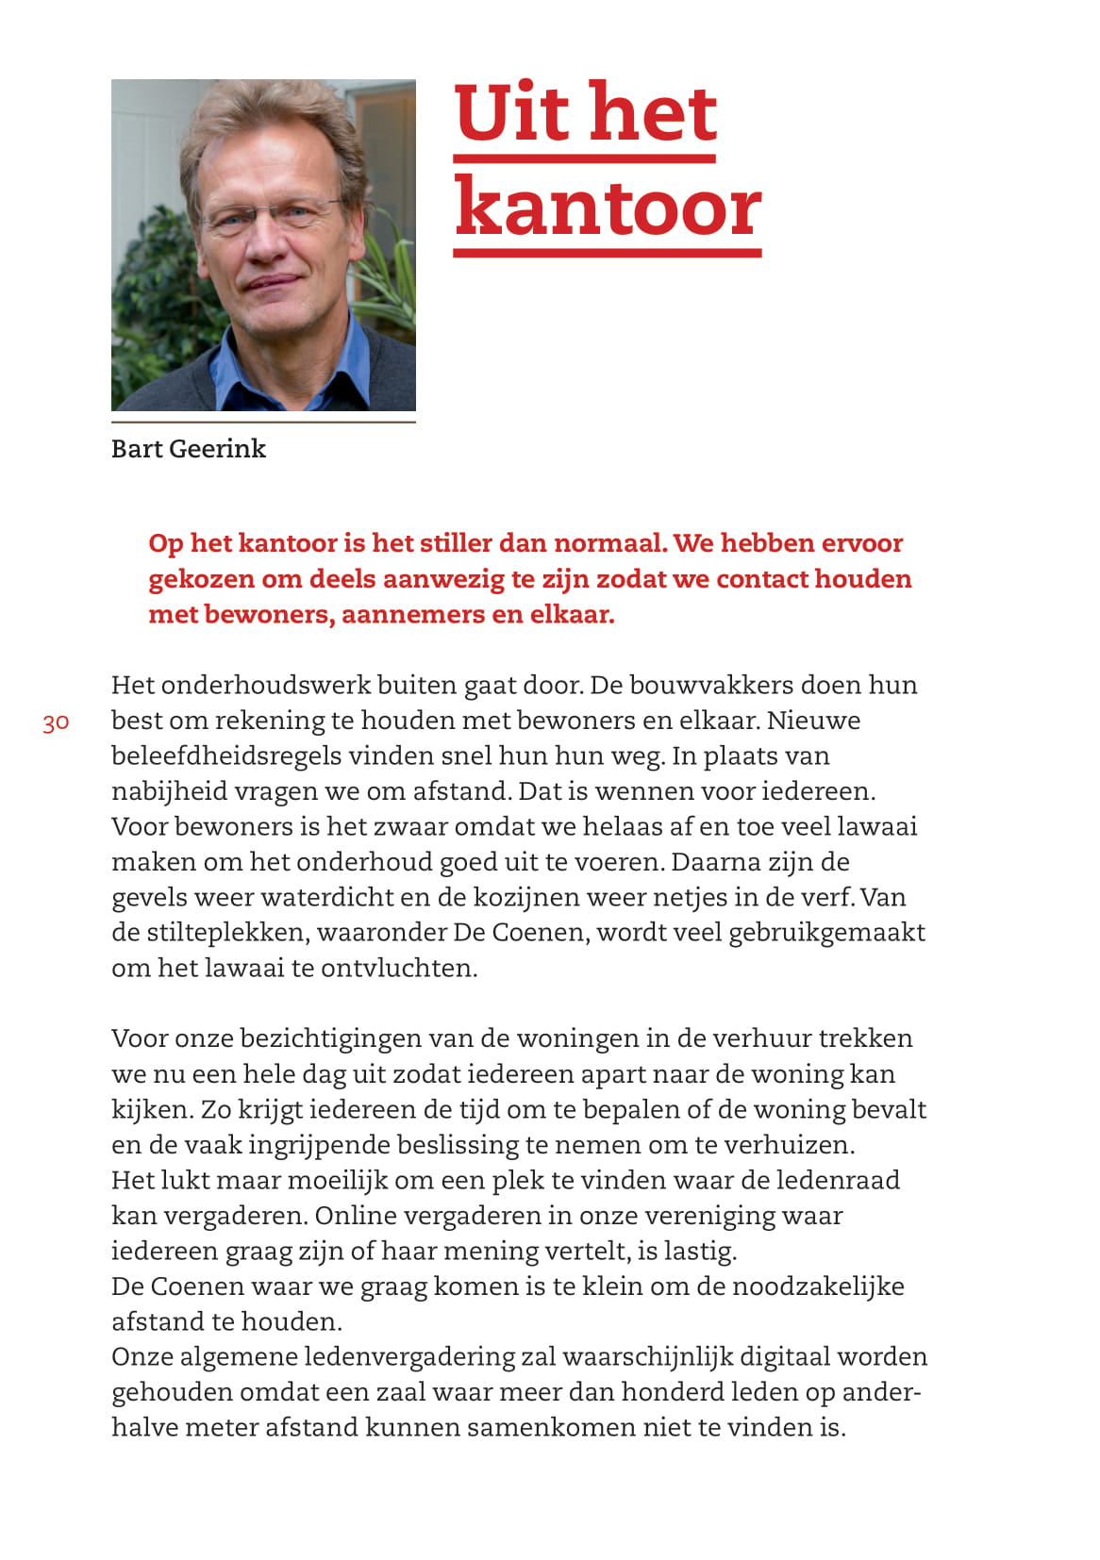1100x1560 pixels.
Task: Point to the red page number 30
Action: (x=56, y=722)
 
